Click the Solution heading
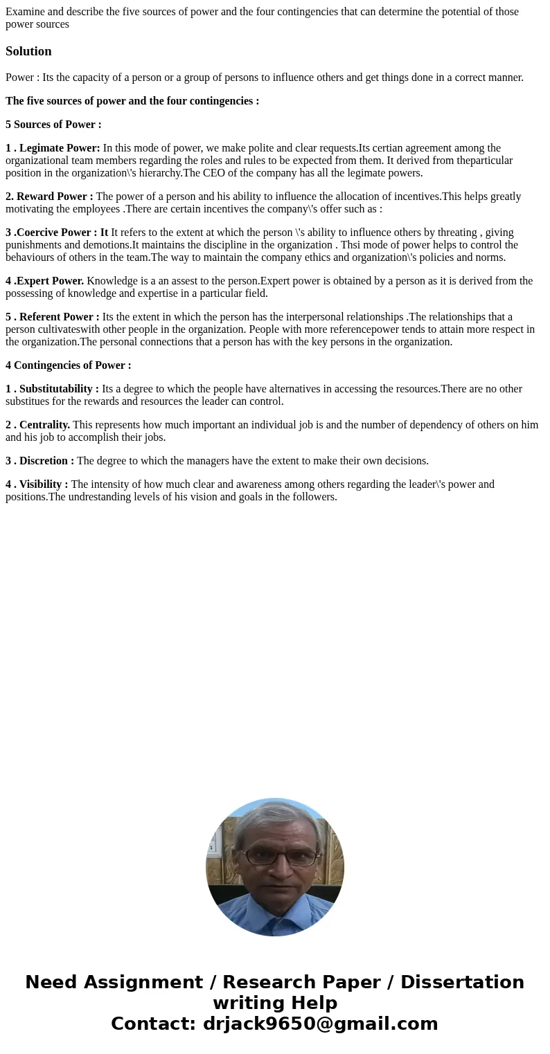coord(28,51)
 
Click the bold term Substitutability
coord(59,389)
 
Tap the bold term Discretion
coord(46,461)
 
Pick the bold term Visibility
coord(44,484)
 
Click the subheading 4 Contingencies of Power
coord(68,365)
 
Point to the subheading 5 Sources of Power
coord(53,125)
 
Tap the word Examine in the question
coord(25,12)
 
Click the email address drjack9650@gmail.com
coord(320,1024)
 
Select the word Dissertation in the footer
coord(462,982)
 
